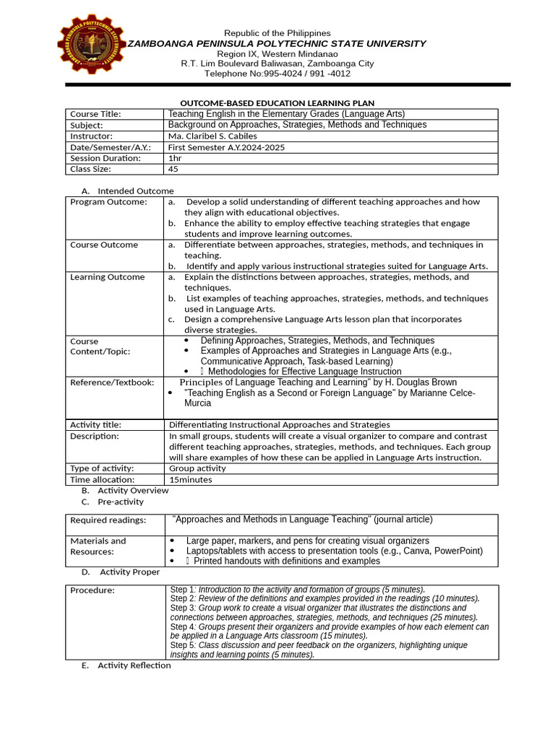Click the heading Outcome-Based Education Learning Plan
pos(277,103)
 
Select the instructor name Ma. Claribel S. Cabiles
pos(212,136)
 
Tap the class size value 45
pos(173,169)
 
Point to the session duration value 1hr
pos(175,158)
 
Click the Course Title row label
pos(95,114)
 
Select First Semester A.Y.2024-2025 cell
pos(227,147)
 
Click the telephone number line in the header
pos(277,74)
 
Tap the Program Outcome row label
pos(108,202)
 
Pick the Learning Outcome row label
pos(107,277)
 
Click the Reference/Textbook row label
pos(111,382)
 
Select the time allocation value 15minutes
pos(191,479)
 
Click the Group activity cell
pos(197,468)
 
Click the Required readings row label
pos(108,520)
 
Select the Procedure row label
pos(92,590)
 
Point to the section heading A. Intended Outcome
pos(128,191)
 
